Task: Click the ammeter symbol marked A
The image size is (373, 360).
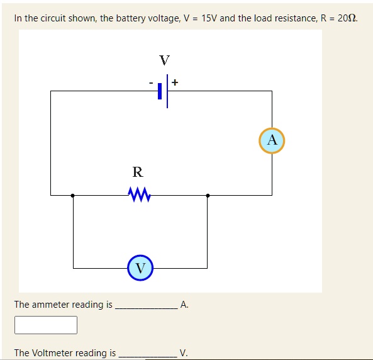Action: [272, 140]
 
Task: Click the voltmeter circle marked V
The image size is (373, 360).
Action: [140, 268]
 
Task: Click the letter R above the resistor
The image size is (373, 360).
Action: [137, 171]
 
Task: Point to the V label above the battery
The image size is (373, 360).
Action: [164, 60]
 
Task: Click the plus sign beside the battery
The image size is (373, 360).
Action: [175, 82]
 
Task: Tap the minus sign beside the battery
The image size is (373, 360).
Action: [151, 83]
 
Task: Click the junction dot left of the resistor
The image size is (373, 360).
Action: [73, 196]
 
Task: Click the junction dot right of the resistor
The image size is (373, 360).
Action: [208, 196]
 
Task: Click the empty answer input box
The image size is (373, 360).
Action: [46, 325]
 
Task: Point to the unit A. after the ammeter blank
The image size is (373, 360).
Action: [184, 305]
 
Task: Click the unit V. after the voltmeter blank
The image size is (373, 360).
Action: [183, 353]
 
